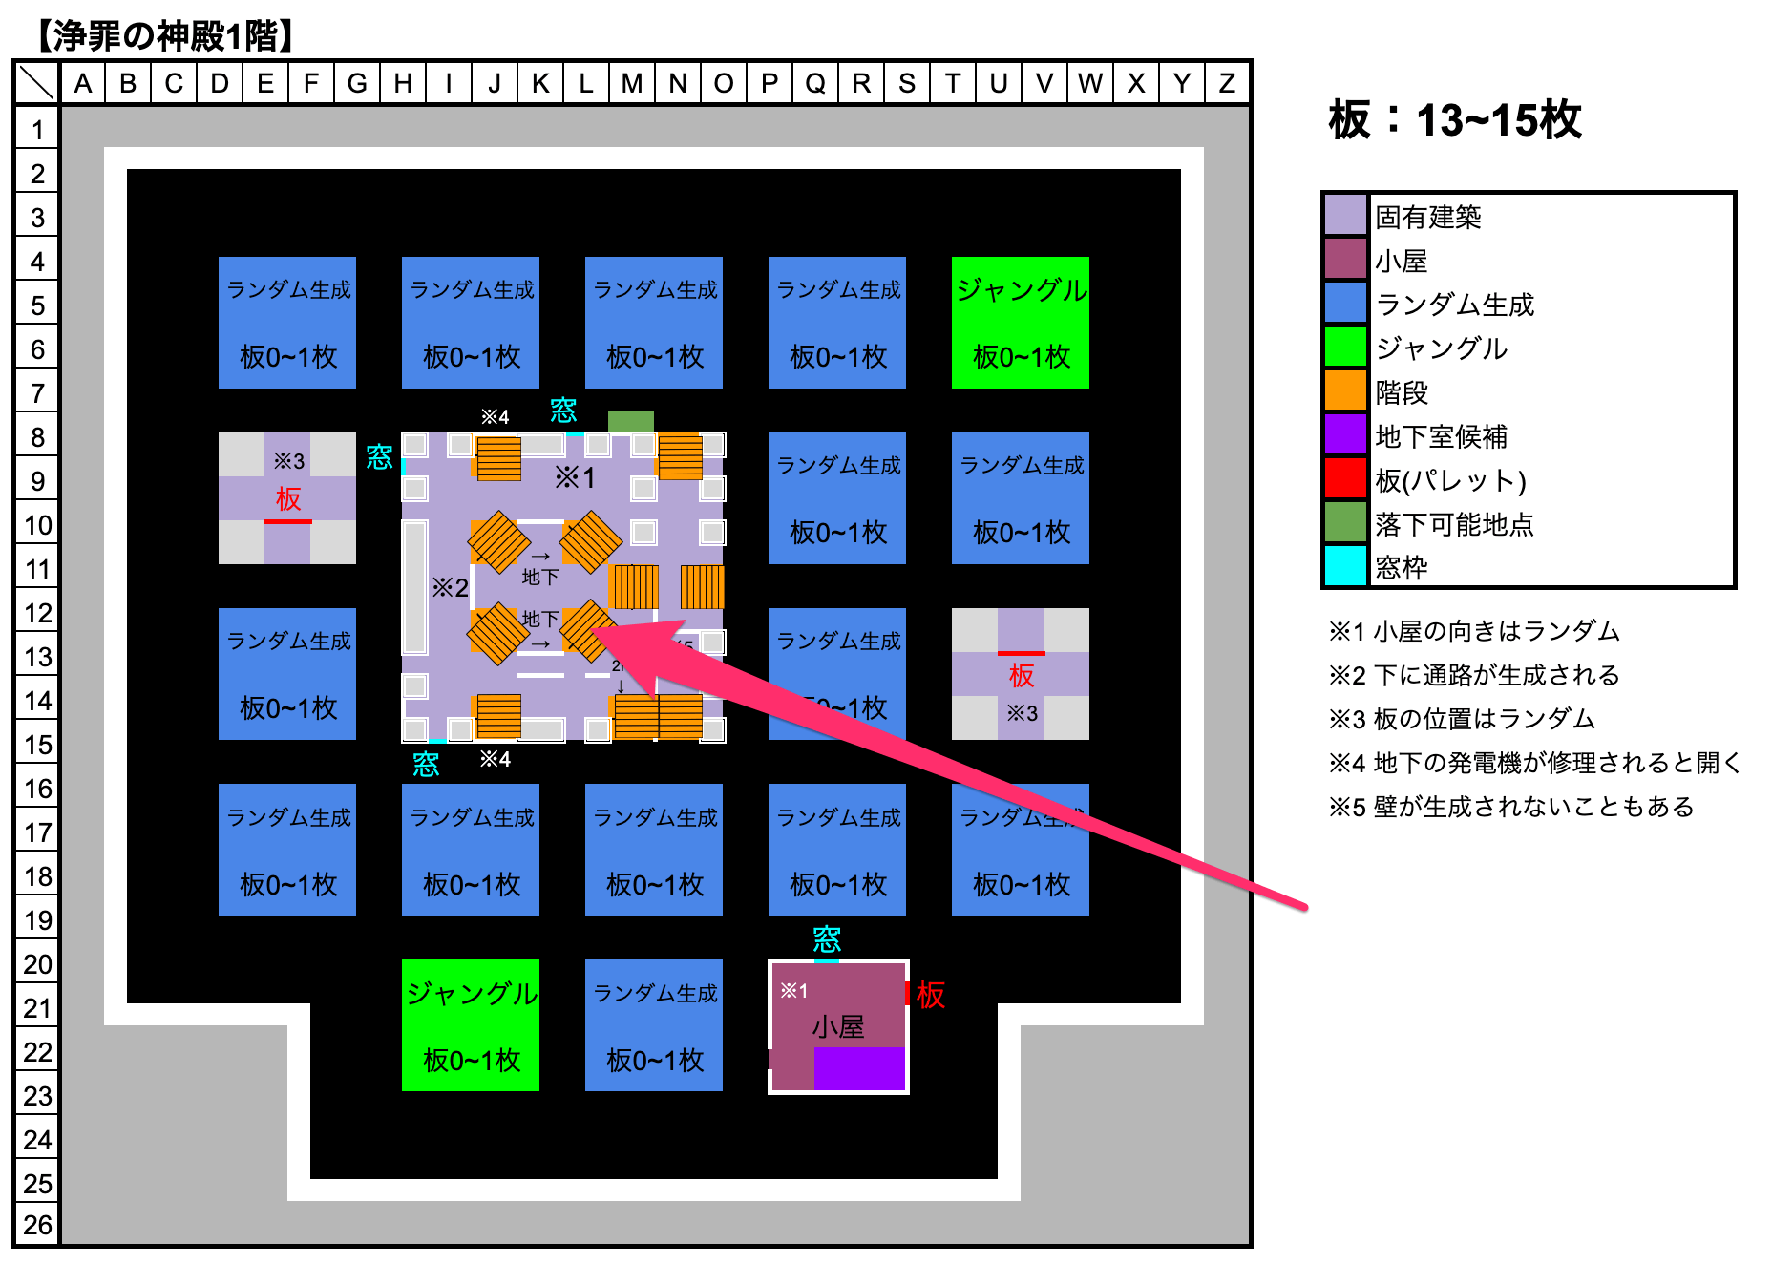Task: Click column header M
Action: tap(631, 84)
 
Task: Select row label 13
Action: tap(37, 657)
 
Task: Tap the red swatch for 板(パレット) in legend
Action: tap(1345, 478)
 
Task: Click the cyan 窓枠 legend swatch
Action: tap(1345, 566)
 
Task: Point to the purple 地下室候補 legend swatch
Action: tap(1345, 434)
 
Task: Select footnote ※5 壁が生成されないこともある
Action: tap(1511, 807)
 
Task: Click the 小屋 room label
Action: tap(837, 1027)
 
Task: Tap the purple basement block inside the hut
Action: tap(858, 1068)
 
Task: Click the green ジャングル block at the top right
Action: tap(1020, 322)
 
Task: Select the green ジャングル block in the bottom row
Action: tap(470, 1025)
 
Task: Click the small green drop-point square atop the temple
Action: tap(630, 421)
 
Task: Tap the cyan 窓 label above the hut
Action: tap(826, 939)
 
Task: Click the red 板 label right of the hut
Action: tap(930, 995)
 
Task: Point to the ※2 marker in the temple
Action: tap(450, 587)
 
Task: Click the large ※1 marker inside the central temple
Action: tap(575, 477)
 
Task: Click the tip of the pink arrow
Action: tap(596, 630)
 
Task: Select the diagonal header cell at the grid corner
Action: tap(37, 84)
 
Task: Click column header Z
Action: tap(1227, 84)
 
